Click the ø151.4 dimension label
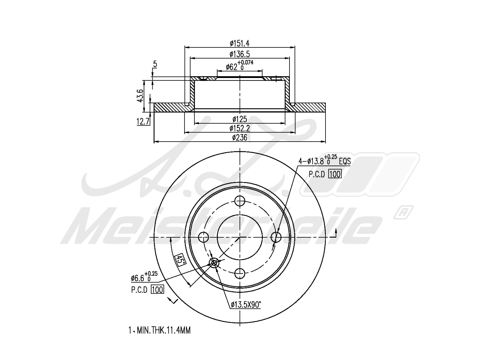coord(240,43)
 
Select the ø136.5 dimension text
coord(240,54)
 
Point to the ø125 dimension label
coord(240,119)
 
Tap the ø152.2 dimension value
coord(240,128)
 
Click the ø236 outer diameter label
coord(240,138)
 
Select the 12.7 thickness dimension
coord(143,122)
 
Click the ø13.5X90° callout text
coord(246,305)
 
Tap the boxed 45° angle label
coord(180,259)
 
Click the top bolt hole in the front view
coord(240,201)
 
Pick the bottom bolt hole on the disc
coord(240,273)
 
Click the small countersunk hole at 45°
coord(214,263)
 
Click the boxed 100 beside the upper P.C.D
coord(335,174)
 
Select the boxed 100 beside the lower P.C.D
coord(157,290)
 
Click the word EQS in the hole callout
coord(345,161)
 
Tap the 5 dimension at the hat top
coord(155,64)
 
